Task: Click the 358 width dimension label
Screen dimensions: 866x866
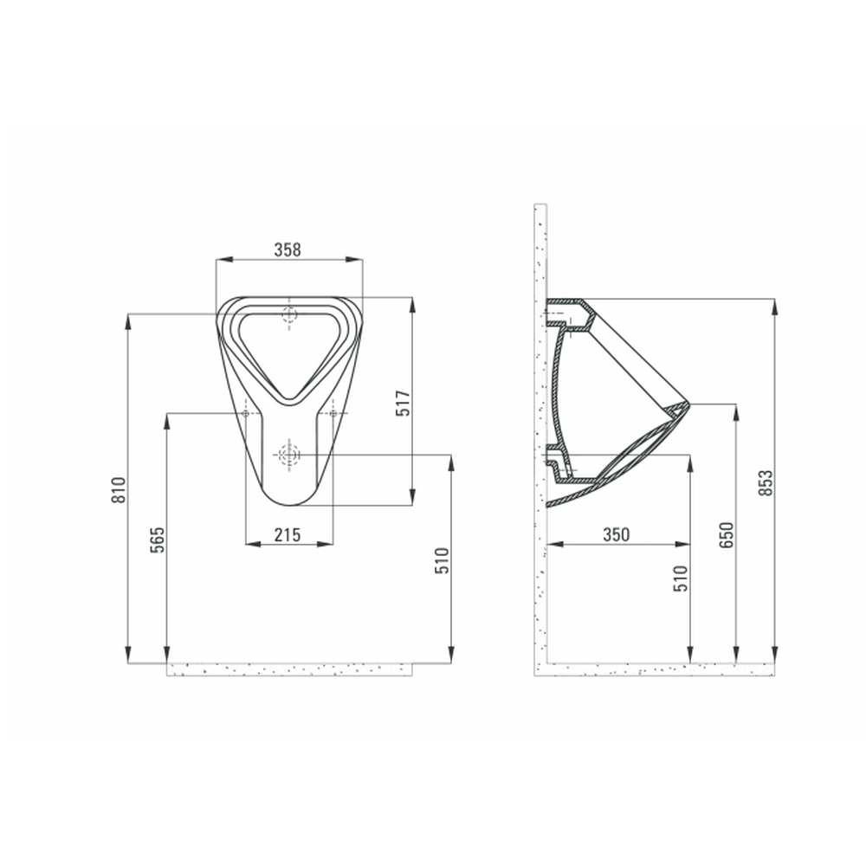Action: pos(288,249)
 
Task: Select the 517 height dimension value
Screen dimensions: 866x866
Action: pos(404,404)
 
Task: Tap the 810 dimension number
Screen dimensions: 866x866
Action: pos(120,490)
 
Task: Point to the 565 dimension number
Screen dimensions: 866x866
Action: pos(158,540)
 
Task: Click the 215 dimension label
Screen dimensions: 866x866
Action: pos(288,534)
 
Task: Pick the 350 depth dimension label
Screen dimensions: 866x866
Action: pos(616,534)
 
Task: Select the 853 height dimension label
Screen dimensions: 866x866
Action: pos(766,482)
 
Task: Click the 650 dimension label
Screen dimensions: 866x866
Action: pos(727,534)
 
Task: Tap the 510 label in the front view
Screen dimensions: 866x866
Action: pos(443,560)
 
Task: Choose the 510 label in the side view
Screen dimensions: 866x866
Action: pos(681,578)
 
